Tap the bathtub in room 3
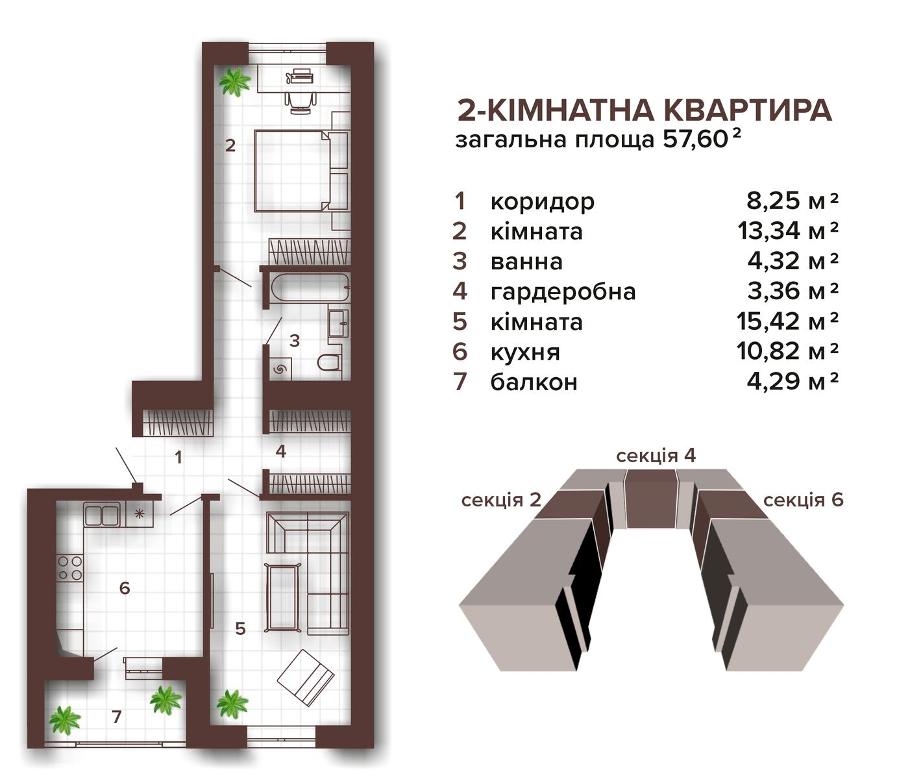click(310, 288)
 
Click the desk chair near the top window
click(301, 102)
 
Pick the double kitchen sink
click(102, 514)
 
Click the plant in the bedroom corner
click(235, 80)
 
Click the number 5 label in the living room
click(240, 628)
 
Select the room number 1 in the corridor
click(178, 458)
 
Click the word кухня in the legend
click(525, 352)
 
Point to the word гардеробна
click(563, 292)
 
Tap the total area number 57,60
click(694, 140)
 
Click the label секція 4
click(656, 456)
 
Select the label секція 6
click(803, 500)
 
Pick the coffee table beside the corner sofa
click(282, 597)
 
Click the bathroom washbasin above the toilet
click(338, 323)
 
